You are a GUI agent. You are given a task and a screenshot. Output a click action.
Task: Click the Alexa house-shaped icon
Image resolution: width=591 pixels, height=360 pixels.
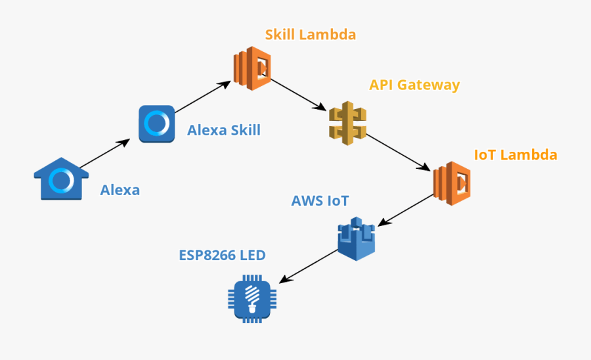point(60,179)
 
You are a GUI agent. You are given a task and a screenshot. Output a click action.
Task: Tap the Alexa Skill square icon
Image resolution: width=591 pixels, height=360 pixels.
point(156,124)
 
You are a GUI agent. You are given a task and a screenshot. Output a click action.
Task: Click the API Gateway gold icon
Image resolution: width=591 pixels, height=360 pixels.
point(347,123)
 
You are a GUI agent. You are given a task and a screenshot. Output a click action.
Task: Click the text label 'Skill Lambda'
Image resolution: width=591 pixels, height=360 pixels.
point(310,35)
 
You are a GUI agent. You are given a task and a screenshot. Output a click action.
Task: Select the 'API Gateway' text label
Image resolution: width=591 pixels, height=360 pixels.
point(414,85)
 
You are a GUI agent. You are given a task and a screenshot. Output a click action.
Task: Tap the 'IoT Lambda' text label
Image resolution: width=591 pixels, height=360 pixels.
point(515,155)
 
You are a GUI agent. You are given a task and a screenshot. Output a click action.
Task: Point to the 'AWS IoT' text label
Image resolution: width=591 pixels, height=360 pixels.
point(320,200)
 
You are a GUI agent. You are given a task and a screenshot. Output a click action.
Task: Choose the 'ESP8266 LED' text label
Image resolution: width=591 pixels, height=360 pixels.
point(222,255)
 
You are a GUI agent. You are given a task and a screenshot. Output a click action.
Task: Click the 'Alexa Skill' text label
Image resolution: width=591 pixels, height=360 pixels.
point(223,130)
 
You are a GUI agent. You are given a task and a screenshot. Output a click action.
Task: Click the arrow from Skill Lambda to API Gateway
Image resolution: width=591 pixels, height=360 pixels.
point(299,95)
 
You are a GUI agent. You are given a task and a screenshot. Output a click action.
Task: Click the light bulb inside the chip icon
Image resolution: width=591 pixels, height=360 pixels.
point(252,299)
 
